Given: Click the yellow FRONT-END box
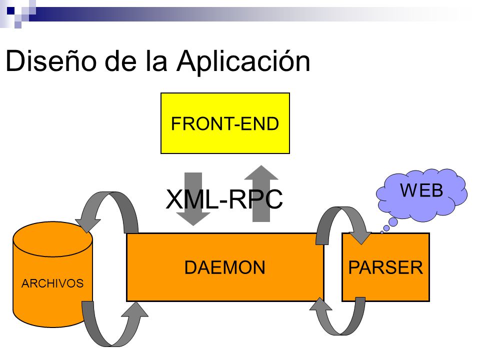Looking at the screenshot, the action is (x=225, y=123).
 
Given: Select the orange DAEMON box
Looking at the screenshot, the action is (x=225, y=267).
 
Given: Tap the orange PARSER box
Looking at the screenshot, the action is (x=385, y=267).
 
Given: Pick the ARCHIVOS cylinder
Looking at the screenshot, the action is (x=52, y=274).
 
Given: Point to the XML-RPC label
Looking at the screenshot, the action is (x=224, y=199).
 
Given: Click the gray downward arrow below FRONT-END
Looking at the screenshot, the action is (x=193, y=199).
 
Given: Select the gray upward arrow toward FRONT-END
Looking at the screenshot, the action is (x=261, y=193).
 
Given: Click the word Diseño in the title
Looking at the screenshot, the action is (x=51, y=61).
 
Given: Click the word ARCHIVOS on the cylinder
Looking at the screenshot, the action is (x=52, y=283).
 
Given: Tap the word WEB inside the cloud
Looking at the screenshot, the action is (x=421, y=190).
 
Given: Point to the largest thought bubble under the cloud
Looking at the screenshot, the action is (x=393, y=222).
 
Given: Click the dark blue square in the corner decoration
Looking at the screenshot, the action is (x=10, y=10).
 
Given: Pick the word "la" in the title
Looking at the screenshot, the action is (x=156, y=61).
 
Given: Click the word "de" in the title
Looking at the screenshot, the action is (x=120, y=61).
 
